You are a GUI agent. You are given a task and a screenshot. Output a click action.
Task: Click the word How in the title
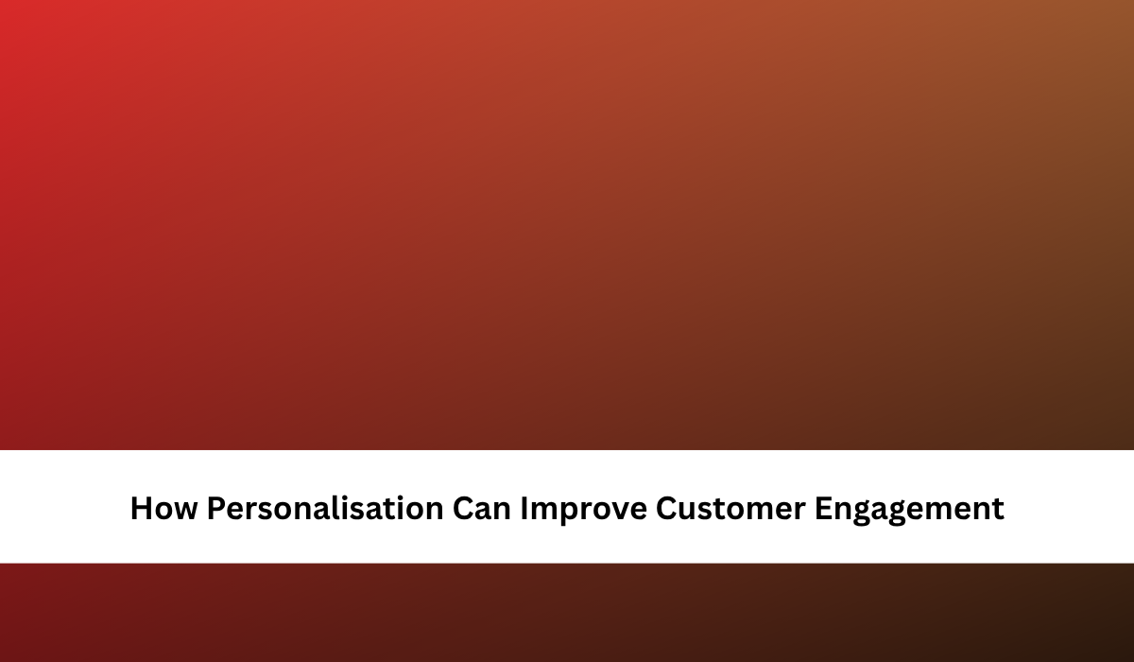(x=163, y=508)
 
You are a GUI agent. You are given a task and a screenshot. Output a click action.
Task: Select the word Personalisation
(x=325, y=508)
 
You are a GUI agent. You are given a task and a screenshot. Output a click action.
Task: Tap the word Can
(x=481, y=508)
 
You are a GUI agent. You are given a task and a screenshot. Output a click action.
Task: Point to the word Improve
(x=584, y=510)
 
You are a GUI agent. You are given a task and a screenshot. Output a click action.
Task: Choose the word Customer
(x=730, y=509)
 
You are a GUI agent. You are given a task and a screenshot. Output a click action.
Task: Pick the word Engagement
(x=909, y=510)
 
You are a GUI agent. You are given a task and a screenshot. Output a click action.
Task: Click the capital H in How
(x=141, y=508)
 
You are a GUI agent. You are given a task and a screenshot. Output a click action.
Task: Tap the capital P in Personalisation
(x=216, y=508)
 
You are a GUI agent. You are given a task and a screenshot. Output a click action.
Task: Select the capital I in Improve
(x=524, y=508)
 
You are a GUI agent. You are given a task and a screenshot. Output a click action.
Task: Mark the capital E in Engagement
(x=823, y=508)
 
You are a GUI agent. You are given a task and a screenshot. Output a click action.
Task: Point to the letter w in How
(x=184, y=511)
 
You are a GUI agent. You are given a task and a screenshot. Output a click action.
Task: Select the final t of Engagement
(x=998, y=509)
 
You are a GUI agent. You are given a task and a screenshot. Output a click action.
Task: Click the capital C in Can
(x=463, y=508)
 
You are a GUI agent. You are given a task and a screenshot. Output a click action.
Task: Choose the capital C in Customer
(x=667, y=508)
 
